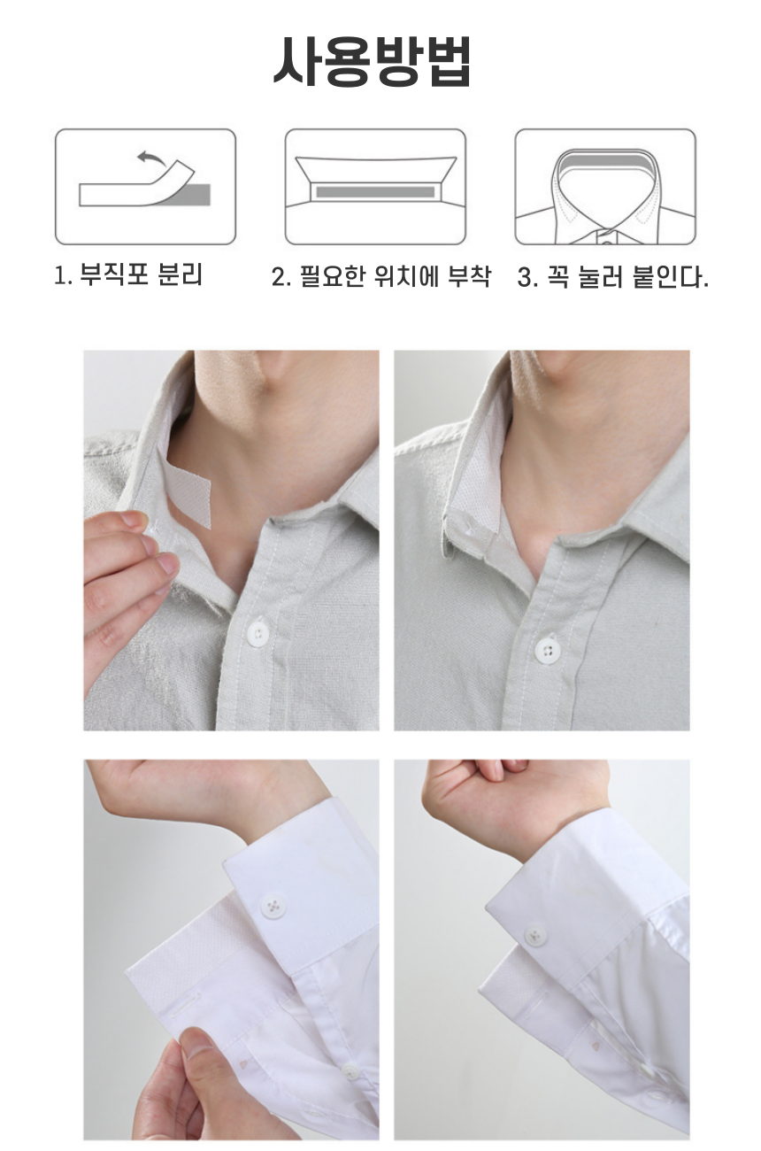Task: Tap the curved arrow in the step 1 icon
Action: (x=152, y=157)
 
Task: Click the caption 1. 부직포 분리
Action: (x=128, y=274)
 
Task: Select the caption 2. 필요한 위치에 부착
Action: (x=381, y=276)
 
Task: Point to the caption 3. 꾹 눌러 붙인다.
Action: (x=613, y=276)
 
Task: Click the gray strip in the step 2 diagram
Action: (x=375, y=192)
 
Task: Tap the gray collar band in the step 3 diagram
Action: (x=605, y=164)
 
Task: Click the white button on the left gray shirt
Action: (x=258, y=634)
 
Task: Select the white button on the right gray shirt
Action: (x=548, y=651)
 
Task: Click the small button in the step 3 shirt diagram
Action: (x=606, y=242)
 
